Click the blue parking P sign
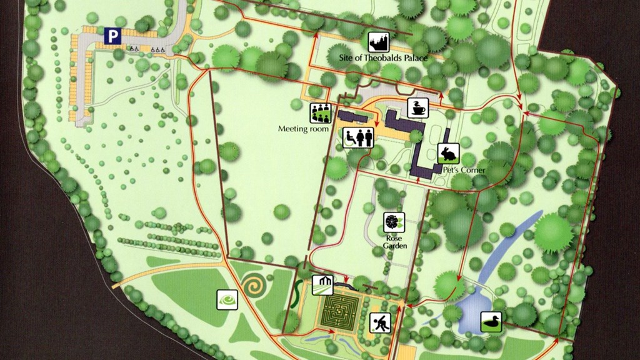[112, 37]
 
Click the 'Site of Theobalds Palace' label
[382, 58]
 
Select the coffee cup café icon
[417, 107]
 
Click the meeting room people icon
[320, 113]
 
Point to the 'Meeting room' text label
[303, 129]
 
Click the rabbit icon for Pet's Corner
[449, 153]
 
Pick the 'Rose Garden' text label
[395, 242]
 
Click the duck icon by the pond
[491, 322]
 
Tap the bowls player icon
[380, 322]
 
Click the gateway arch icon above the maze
[323, 284]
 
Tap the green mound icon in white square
[227, 300]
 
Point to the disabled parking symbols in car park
[147, 48]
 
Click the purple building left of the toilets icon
[353, 117]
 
